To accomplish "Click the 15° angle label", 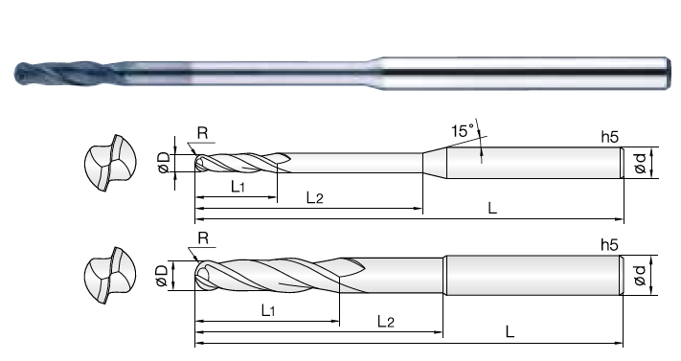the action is point(463,131).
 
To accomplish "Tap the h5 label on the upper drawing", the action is point(609,137).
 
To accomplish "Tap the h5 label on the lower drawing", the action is point(609,245).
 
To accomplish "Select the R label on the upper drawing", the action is point(203,133).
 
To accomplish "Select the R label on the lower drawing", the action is point(203,238).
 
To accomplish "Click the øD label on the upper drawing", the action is point(163,163).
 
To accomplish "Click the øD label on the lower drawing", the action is point(161,276).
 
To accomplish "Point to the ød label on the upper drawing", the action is point(641,163).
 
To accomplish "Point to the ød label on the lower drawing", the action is point(640,276).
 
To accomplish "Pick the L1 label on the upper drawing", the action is point(238,187).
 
